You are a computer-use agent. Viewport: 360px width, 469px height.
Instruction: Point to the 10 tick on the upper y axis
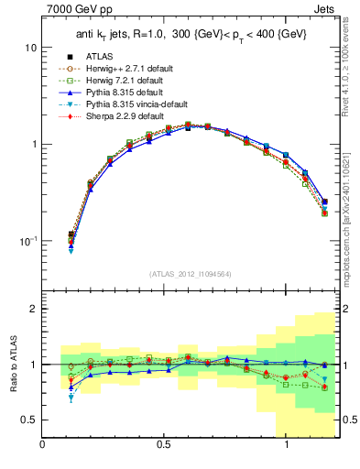[x=29, y=47]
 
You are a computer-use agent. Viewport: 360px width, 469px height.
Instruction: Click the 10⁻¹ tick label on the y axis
[x=26, y=241]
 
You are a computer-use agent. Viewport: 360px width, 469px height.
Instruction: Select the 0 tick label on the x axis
[x=43, y=444]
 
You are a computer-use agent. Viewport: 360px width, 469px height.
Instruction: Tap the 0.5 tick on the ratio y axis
[x=29, y=420]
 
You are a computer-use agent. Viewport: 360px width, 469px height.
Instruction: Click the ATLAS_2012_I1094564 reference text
[x=189, y=274]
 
